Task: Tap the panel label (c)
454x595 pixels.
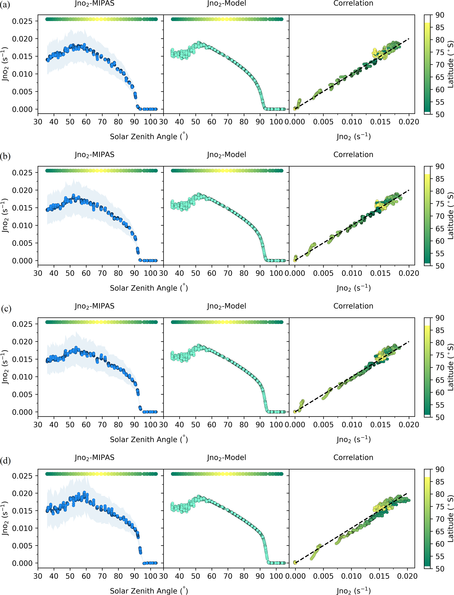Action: pos(6,309)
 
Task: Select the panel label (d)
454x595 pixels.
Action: pos(6,460)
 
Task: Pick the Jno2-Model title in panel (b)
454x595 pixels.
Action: pos(226,155)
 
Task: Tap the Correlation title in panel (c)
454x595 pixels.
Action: pos(353,306)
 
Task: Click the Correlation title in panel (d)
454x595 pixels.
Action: pos(353,457)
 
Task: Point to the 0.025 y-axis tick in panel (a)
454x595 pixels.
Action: pos(22,21)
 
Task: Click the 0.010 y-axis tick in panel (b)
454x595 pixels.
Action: pos(22,226)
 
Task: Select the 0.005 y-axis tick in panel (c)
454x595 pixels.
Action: pos(22,395)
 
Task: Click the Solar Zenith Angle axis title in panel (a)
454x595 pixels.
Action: pos(149,136)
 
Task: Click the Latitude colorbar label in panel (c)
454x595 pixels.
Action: pos(450,367)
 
